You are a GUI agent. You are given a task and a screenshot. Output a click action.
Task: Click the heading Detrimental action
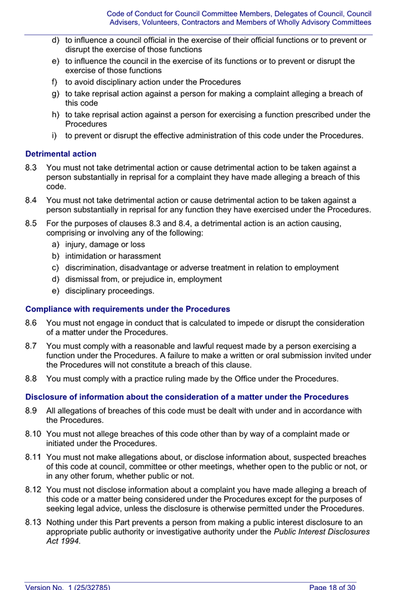(61, 153)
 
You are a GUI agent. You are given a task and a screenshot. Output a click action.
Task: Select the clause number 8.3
(32, 168)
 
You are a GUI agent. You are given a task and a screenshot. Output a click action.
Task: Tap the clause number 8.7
(32, 346)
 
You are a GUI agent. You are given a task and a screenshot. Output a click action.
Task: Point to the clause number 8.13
(34, 522)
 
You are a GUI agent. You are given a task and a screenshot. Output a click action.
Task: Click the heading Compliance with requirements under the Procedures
(127, 309)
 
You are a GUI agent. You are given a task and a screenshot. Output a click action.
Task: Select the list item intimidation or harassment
(112, 256)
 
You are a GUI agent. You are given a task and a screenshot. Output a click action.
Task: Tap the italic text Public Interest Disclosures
(322, 532)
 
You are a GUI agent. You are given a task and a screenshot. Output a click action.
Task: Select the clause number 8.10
(34, 434)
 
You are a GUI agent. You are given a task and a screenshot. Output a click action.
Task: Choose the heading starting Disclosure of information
(187, 397)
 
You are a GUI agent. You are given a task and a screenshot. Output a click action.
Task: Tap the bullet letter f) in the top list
(55, 82)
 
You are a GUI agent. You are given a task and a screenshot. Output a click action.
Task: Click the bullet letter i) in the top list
(55, 135)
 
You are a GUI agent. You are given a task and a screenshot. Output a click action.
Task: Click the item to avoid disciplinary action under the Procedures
(153, 82)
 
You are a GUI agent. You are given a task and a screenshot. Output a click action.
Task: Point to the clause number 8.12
(34, 489)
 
